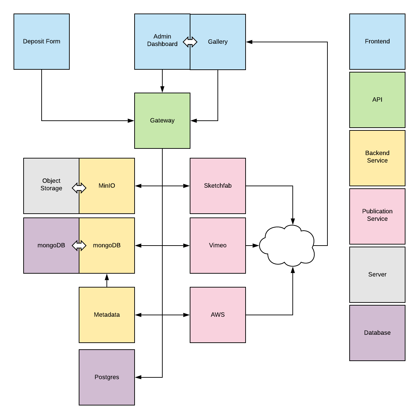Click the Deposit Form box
[x=42, y=42]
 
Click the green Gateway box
[x=162, y=121]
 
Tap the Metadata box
[x=107, y=315]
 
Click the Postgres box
[x=107, y=377]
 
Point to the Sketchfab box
[x=218, y=186]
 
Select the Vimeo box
[x=218, y=246]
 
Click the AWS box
[x=218, y=315]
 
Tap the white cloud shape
[x=287, y=246]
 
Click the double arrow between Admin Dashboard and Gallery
[x=190, y=42]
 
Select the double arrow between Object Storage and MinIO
[x=79, y=188]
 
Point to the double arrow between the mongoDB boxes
[x=79, y=246]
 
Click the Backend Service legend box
[x=377, y=158]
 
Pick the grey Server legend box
[x=377, y=275]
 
